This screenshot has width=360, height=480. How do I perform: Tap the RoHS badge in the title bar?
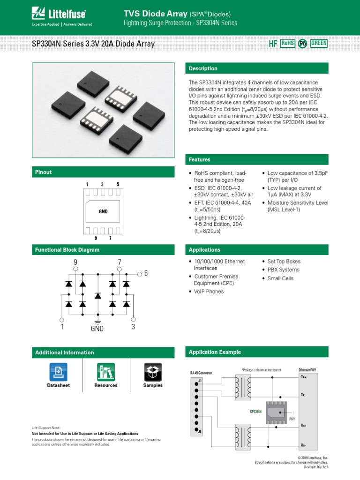(x=287, y=43)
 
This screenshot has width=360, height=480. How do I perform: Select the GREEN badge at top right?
(x=319, y=43)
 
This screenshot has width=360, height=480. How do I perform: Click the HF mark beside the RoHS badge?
(x=273, y=44)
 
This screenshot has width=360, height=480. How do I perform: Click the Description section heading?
(x=203, y=68)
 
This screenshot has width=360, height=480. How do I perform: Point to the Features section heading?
(x=199, y=160)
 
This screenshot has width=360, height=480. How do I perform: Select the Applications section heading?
(x=204, y=250)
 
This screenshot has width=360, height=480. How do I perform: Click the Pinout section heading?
(x=44, y=172)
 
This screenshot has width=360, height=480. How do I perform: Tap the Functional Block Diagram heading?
(x=67, y=250)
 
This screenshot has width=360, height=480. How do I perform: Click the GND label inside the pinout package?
(x=103, y=212)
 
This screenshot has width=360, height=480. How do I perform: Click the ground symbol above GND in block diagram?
(x=97, y=322)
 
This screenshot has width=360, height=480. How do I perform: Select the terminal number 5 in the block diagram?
(x=146, y=273)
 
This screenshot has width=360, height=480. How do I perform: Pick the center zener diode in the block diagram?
(x=97, y=295)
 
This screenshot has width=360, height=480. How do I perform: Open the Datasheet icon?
(x=58, y=371)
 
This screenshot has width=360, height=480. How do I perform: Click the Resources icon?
(x=106, y=371)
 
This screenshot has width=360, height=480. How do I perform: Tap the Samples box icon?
(x=153, y=371)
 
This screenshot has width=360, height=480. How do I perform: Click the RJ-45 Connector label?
(x=201, y=373)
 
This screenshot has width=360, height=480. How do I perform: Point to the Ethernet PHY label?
(x=307, y=370)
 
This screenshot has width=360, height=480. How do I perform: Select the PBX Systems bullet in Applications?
(x=283, y=270)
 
